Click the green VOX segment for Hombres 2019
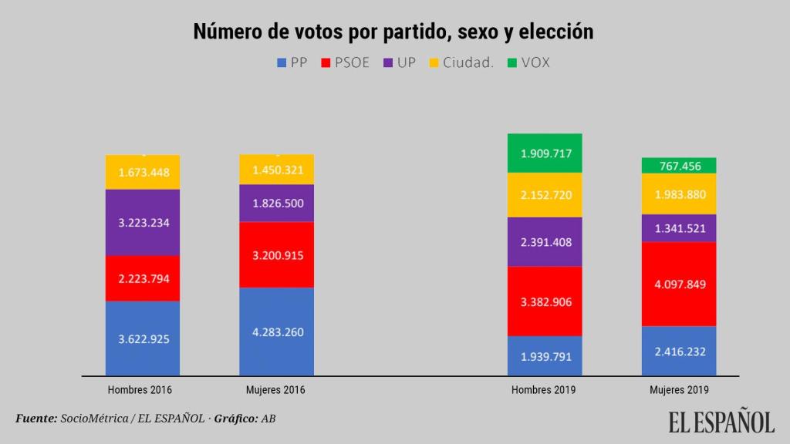click(x=545, y=153)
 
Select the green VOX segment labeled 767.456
click(x=679, y=166)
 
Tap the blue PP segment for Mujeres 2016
click(x=276, y=331)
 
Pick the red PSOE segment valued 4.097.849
click(x=679, y=284)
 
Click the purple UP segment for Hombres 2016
click(x=143, y=222)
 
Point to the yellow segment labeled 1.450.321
click(x=276, y=170)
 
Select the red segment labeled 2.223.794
click(x=143, y=278)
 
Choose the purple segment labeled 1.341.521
click(x=679, y=228)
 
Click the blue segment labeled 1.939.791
click(x=545, y=356)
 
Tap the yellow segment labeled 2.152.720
click(x=545, y=195)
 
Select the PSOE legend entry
click(x=346, y=63)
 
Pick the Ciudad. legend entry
click(x=461, y=63)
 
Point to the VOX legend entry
click(x=528, y=63)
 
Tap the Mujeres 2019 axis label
click(x=679, y=390)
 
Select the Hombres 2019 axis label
click(x=544, y=390)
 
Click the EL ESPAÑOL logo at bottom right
click(x=721, y=422)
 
